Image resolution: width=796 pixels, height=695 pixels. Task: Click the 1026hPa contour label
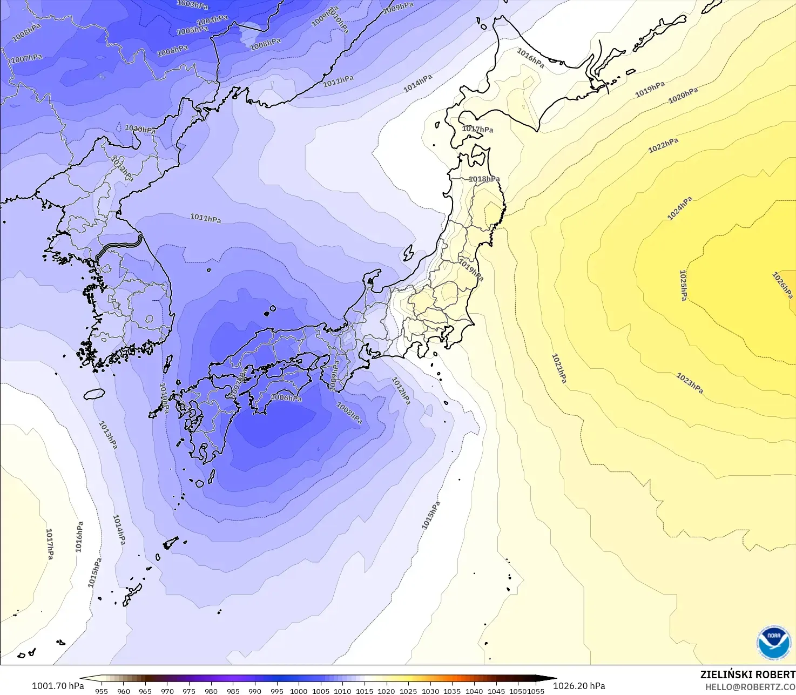pos(782,285)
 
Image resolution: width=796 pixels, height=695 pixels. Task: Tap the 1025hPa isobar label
pos(683,286)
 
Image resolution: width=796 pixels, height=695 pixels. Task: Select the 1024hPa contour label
pos(679,208)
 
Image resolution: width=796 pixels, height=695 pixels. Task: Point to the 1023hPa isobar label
pos(690,383)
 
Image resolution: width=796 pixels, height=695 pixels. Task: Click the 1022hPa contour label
pos(663,145)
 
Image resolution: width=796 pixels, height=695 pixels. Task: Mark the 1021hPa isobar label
pos(559,368)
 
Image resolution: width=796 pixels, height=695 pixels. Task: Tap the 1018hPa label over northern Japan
pos(484,179)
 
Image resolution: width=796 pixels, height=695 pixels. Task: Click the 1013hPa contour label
pos(108,435)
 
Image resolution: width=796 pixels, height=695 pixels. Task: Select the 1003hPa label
pos(192,5)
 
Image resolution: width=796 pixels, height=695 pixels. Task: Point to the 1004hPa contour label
pos(212,21)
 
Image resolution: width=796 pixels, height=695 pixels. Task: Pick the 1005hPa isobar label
pos(192,31)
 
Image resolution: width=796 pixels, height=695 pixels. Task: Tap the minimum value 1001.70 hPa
pos(58,686)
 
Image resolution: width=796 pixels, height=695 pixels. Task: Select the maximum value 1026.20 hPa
pos(579,686)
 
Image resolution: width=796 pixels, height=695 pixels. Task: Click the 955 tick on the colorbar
pos(101,691)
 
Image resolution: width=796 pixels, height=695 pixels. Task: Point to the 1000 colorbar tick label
pos(299,691)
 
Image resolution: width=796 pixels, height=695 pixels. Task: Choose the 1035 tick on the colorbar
pos(452,691)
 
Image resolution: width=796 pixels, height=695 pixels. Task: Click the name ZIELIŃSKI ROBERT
pos(747,674)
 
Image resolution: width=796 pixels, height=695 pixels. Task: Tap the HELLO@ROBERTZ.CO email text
pos(750,686)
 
